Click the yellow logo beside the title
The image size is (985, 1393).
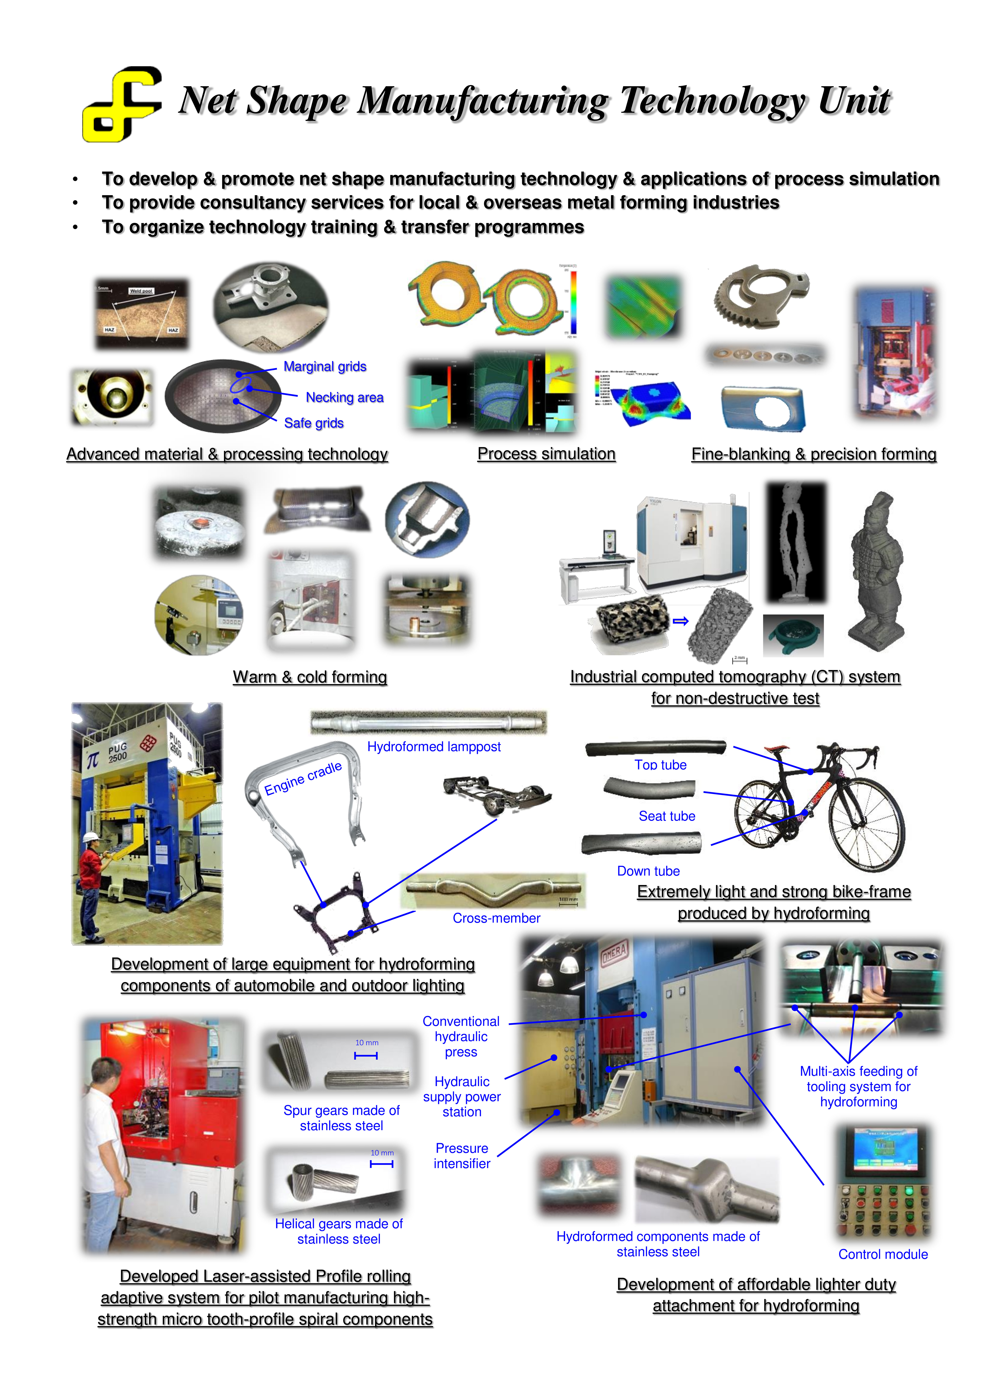[121, 104]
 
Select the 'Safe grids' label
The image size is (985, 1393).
[314, 423]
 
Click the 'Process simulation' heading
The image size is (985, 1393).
[546, 454]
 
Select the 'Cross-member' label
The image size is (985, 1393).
[496, 918]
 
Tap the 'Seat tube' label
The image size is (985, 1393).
[666, 816]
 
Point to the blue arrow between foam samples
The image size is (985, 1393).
[681, 621]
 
